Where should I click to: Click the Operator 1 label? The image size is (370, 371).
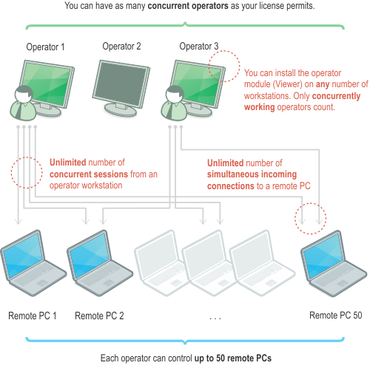(x=45, y=47)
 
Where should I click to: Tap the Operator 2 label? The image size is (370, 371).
(x=121, y=46)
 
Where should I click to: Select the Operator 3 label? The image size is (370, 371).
(x=199, y=46)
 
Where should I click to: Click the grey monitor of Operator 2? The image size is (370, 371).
(x=121, y=88)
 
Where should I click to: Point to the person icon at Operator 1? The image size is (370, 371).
(x=23, y=103)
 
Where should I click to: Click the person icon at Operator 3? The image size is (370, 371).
(x=174, y=103)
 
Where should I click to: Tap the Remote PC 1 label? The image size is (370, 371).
(x=33, y=316)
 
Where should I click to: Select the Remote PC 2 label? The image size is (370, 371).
(x=99, y=316)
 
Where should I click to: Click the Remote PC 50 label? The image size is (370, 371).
(x=336, y=316)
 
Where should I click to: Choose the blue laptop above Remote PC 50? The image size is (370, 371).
(x=334, y=263)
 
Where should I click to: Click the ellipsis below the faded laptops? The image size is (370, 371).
(x=215, y=319)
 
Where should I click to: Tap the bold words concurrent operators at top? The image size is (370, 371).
(x=188, y=6)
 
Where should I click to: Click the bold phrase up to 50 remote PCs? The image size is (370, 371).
(x=233, y=358)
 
